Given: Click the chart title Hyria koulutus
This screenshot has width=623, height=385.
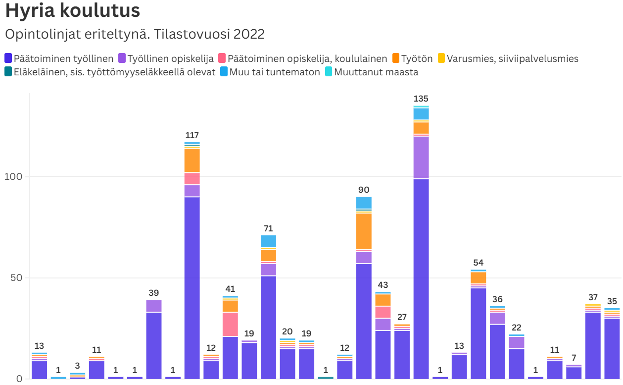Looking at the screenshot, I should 72,11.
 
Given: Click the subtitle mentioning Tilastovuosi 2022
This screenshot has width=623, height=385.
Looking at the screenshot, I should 134,34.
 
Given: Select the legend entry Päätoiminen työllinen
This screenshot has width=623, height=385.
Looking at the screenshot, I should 59,58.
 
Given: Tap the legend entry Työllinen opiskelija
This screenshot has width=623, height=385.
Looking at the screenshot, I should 166,58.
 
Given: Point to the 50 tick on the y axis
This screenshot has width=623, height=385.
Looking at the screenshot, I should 16,277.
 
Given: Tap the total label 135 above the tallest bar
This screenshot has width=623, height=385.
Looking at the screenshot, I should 421,99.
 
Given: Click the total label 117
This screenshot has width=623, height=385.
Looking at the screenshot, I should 192,135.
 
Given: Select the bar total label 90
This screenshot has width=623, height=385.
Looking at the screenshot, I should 364,190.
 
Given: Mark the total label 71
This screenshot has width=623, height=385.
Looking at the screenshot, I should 268,228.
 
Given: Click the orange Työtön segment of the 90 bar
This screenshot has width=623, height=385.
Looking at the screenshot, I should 364,231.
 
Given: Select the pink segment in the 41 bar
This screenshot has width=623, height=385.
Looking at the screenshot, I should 230,324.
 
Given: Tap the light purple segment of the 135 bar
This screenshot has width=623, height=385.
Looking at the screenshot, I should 421,157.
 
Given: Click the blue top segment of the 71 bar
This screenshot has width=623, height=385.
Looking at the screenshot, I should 268,241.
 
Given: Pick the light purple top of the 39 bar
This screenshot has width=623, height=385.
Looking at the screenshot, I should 154,306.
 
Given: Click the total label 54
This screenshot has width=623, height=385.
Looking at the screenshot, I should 478,263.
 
